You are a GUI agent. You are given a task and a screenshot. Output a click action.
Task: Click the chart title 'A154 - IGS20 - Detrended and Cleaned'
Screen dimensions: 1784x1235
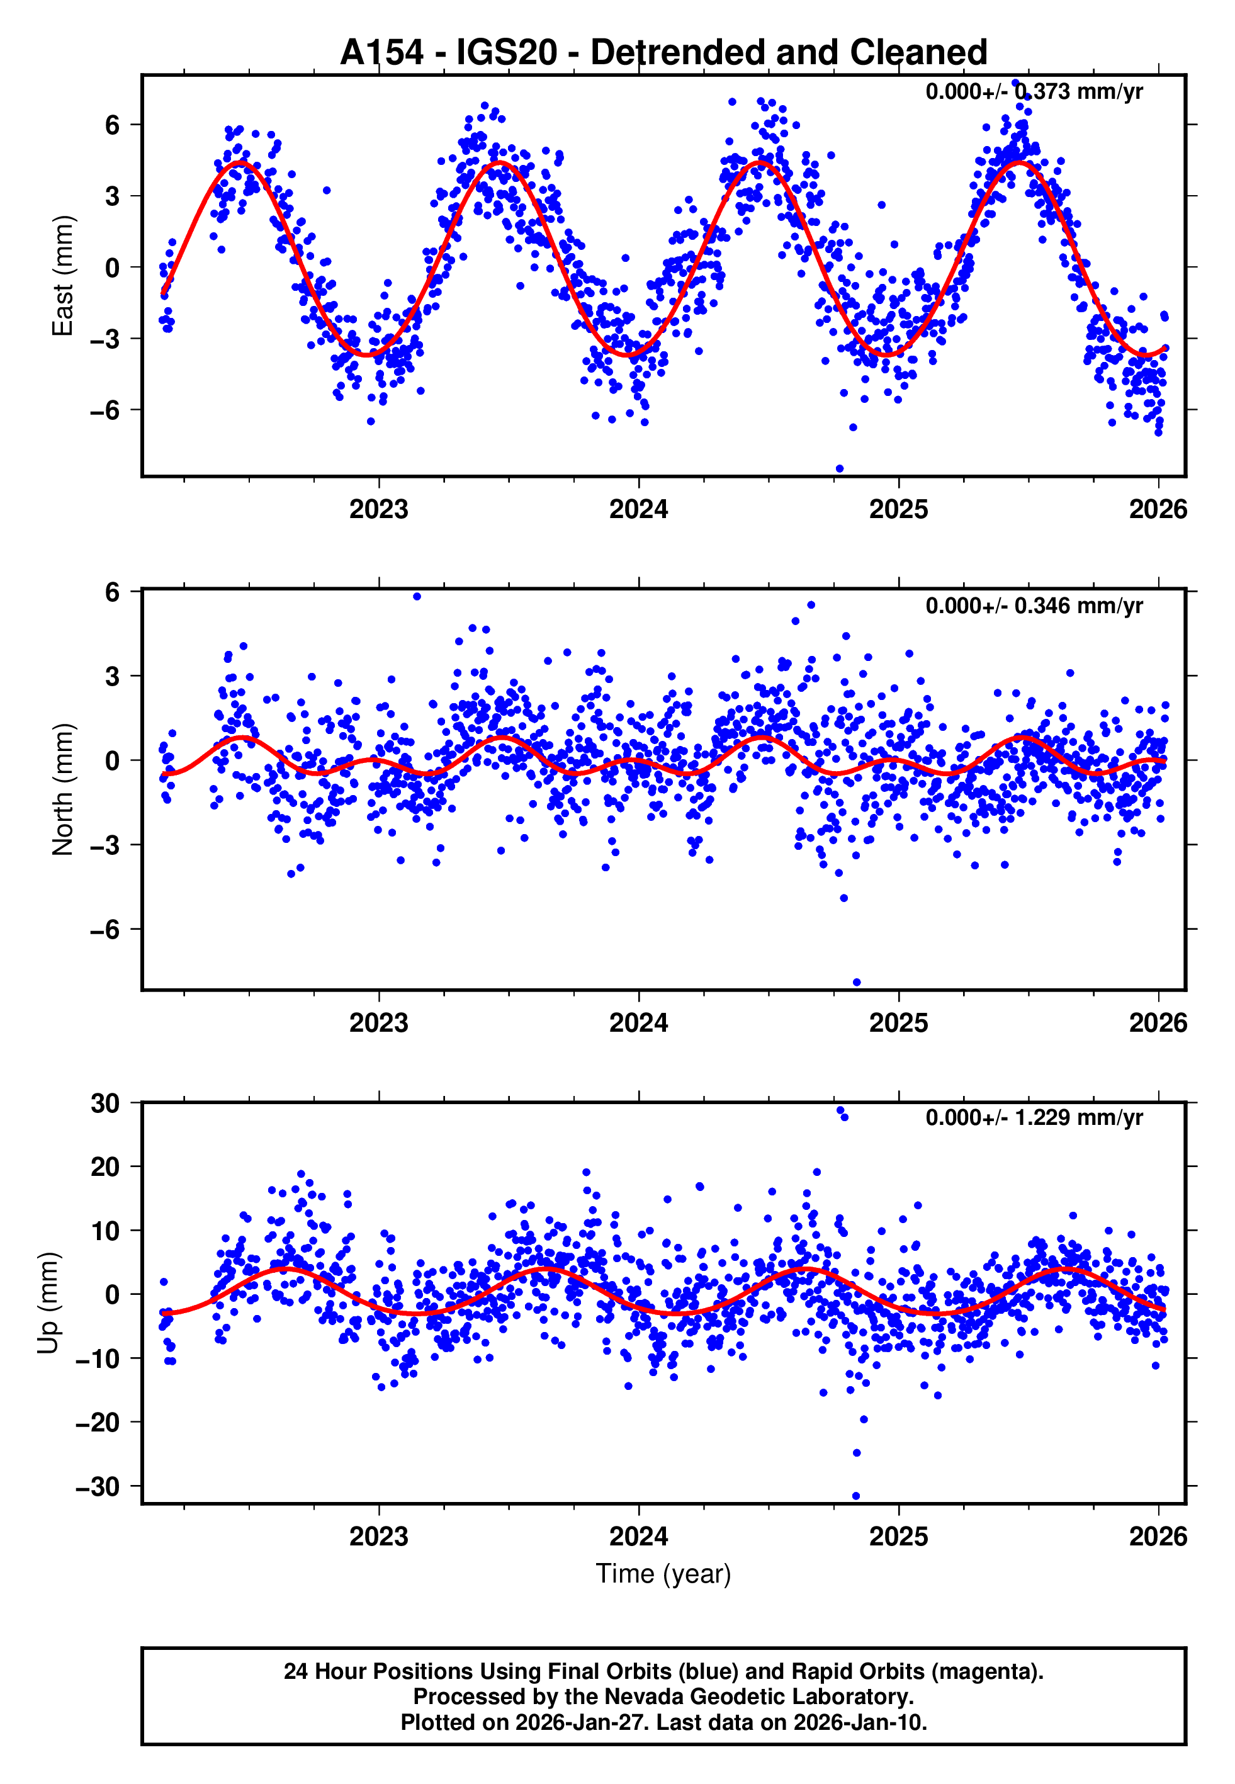click(663, 53)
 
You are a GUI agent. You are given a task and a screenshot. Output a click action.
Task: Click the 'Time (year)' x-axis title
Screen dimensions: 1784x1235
click(663, 1574)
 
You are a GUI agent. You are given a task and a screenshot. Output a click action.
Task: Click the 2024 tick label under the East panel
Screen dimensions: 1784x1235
click(638, 509)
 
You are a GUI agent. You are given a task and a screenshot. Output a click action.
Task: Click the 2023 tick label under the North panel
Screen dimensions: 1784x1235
click(378, 1023)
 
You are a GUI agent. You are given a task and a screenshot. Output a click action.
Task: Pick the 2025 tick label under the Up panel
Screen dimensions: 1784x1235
click(898, 1536)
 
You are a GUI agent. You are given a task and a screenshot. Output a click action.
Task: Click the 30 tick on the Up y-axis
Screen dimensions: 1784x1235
click(105, 1104)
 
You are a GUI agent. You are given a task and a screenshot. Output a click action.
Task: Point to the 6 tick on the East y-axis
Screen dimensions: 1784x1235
click(113, 125)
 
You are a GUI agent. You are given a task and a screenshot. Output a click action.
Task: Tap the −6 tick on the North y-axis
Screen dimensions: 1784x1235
click(105, 929)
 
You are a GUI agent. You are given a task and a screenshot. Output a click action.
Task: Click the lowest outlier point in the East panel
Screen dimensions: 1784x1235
click(840, 469)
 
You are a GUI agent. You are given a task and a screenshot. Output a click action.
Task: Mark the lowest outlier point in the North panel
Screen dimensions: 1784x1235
click(857, 983)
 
